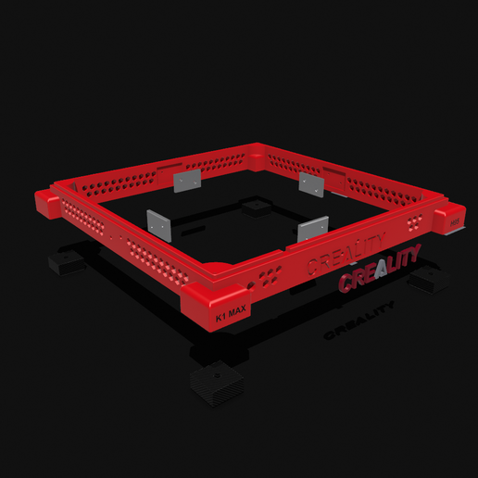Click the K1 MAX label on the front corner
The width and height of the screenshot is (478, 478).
230,314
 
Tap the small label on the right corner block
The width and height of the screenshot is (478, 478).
454,221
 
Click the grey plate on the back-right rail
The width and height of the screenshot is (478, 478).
311,184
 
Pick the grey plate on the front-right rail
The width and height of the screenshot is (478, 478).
313,228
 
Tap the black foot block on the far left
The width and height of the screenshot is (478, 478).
67,264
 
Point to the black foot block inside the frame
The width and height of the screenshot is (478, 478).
254,206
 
